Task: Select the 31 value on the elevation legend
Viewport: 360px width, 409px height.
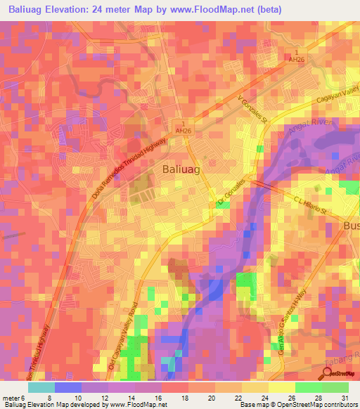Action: click(x=345, y=397)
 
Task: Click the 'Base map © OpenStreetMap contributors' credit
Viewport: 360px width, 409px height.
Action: click(x=298, y=405)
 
